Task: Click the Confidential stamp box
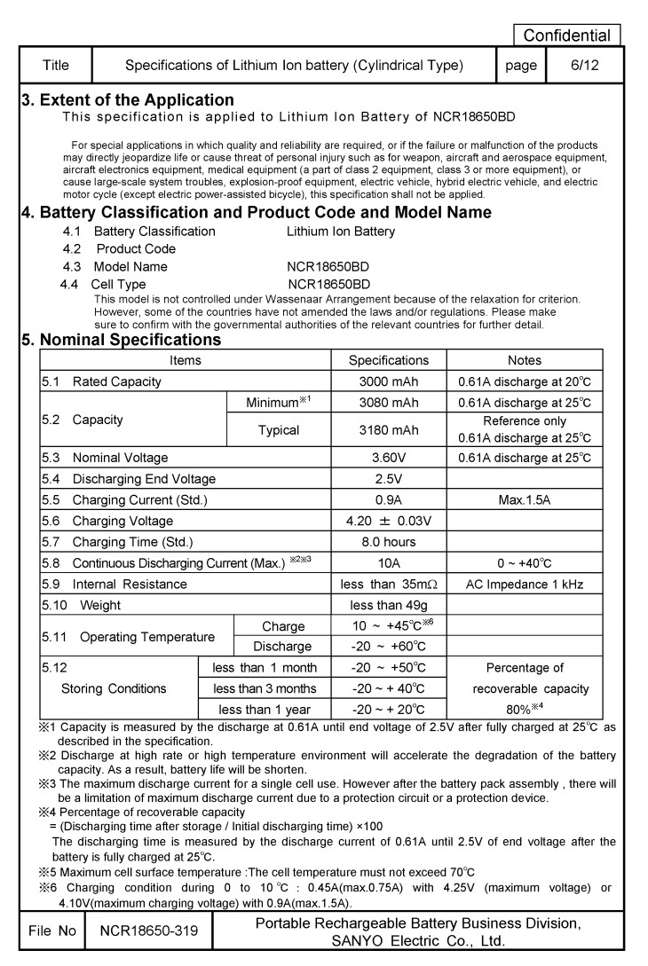[567, 35]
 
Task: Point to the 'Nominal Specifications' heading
[121, 340]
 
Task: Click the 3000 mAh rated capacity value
[388, 381]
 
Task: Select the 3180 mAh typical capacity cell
[388, 429]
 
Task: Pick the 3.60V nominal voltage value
[388, 458]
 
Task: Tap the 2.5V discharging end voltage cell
[388, 478]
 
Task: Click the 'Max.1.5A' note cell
[524, 499]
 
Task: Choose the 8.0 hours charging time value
[388, 542]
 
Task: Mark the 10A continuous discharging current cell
[388, 562]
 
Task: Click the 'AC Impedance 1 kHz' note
[524, 584]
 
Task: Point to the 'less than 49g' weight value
[388, 605]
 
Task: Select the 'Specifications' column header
[388, 360]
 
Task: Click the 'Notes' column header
[524, 360]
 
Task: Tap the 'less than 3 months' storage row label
[265, 688]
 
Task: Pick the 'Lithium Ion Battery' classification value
[341, 232]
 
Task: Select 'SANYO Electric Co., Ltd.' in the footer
[417, 941]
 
